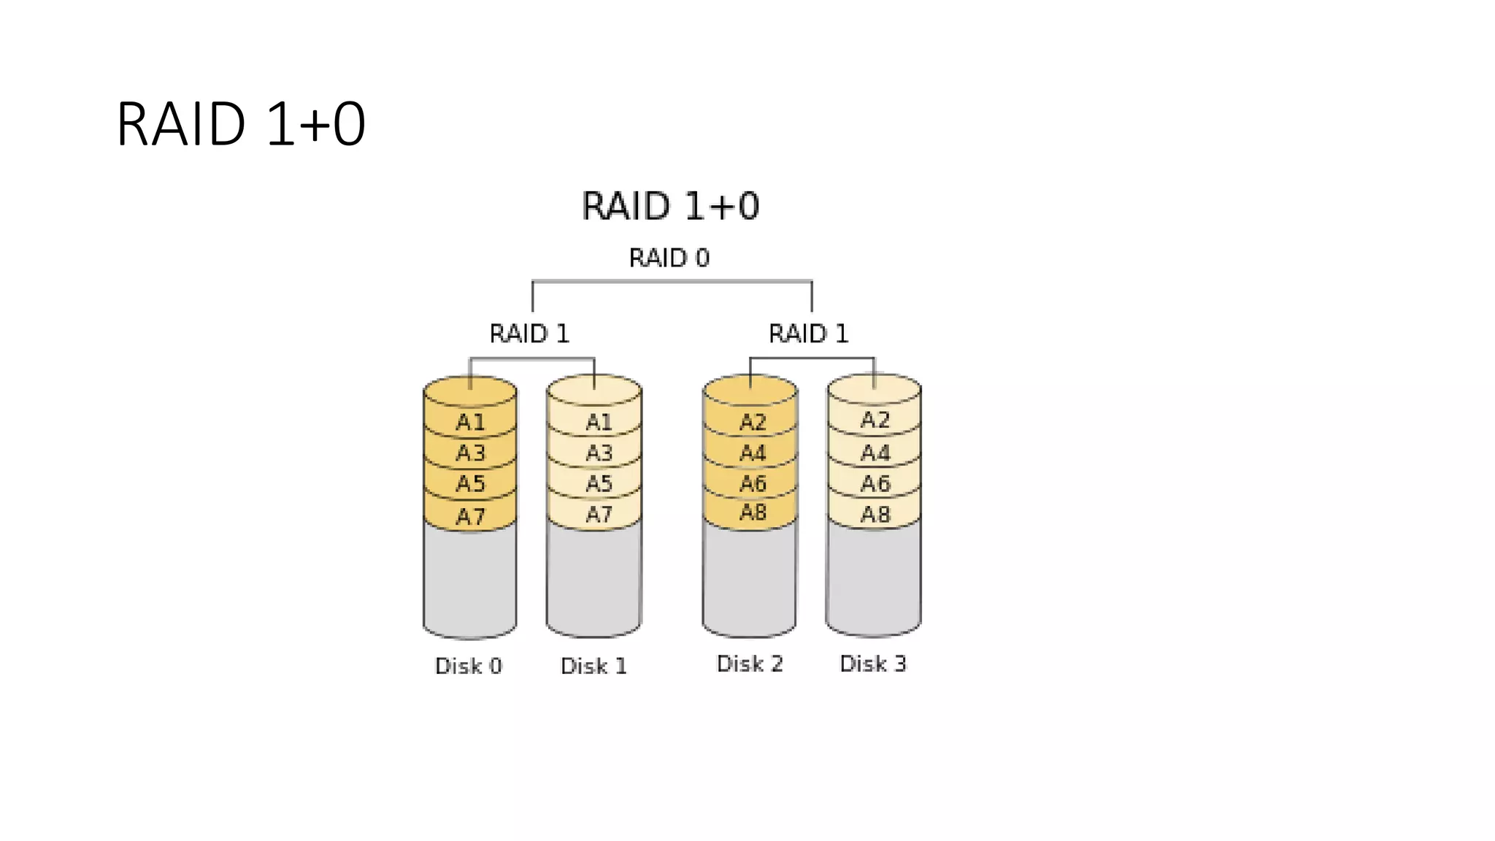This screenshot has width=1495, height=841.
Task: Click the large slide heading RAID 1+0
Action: (x=241, y=124)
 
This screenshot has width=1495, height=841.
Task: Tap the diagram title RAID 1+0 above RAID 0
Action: (x=670, y=206)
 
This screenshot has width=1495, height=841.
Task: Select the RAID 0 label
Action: (x=669, y=258)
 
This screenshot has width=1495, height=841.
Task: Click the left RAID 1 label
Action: (x=529, y=334)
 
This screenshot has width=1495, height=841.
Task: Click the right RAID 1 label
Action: (x=808, y=334)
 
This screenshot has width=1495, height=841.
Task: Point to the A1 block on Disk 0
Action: (x=470, y=422)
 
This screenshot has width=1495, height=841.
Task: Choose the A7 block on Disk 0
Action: (x=470, y=516)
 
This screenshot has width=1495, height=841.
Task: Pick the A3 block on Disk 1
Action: (x=599, y=453)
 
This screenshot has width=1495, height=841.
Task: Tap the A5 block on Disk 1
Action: (x=599, y=483)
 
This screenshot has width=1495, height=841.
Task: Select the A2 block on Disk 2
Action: (x=752, y=422)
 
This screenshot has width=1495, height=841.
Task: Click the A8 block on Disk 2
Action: (x=752, y=512)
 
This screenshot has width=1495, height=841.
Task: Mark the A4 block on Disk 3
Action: (x=875, y=453)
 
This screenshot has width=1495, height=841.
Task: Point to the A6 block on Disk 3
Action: (x=875, y=483)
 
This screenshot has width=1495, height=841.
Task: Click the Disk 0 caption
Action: (x=469, y=666)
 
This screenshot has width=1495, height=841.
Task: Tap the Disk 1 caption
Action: (x=593, y=666)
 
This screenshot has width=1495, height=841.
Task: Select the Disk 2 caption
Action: (x=750, y=664)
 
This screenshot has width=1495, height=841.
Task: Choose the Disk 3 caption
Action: (x=873, y=664)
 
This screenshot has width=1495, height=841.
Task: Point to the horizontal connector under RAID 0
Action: (x=672, y=281)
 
